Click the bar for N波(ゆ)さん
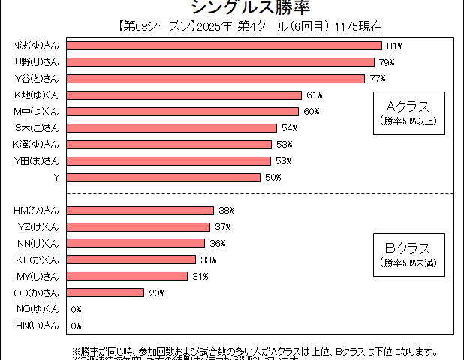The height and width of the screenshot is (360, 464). [x=225, y=46]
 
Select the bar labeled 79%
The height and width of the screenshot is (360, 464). [x=221, y=62]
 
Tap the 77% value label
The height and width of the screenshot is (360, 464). [x=377, y=79]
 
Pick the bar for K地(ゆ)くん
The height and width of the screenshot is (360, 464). [x=185, y=95]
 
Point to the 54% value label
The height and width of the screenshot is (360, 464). [x=290, y=128]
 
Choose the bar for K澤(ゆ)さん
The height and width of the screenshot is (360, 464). [x=170, y=145]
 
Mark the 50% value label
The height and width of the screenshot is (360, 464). [x=273, y=178]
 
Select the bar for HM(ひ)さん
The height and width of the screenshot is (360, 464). [x=141, y=211]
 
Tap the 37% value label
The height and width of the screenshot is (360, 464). [x=222, y=227]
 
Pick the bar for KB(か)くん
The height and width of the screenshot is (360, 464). [x=132, y=259]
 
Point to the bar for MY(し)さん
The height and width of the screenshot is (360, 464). [x=128, y=276]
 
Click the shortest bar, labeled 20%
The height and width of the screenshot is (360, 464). [x=106, y=292]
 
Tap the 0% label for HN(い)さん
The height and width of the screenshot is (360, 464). [x=76, y=325]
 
